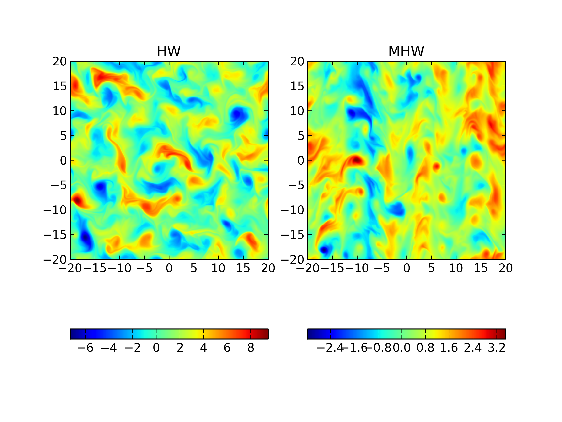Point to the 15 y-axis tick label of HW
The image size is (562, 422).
(60, 86)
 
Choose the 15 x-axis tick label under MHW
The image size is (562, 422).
(481, 268)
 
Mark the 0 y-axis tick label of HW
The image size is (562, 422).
(63, 161)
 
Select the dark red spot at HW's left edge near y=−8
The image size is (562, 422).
(77, 200)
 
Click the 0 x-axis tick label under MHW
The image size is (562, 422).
(407, 268)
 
